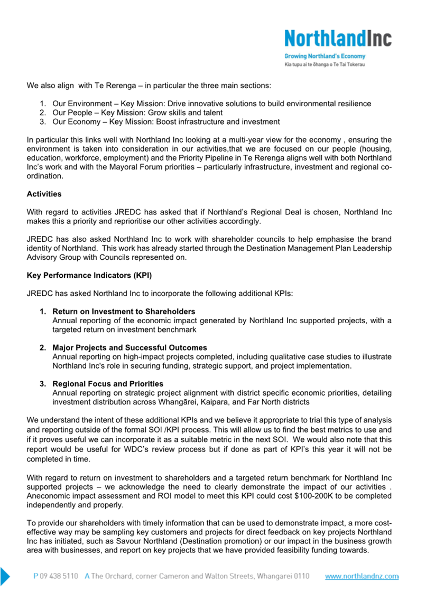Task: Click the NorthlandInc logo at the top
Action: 338,39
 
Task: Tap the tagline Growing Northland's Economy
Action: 325,56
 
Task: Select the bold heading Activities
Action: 44,194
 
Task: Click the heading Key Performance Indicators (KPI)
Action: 89,276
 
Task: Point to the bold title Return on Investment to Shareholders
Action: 124,312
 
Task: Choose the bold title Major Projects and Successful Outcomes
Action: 129,347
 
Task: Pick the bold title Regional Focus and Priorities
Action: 108,384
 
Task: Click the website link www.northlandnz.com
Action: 362,577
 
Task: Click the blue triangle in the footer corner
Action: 5,576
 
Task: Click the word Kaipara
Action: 203,402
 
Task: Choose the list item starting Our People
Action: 137,113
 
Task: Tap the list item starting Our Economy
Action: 166,122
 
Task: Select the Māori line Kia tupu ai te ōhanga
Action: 325,64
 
